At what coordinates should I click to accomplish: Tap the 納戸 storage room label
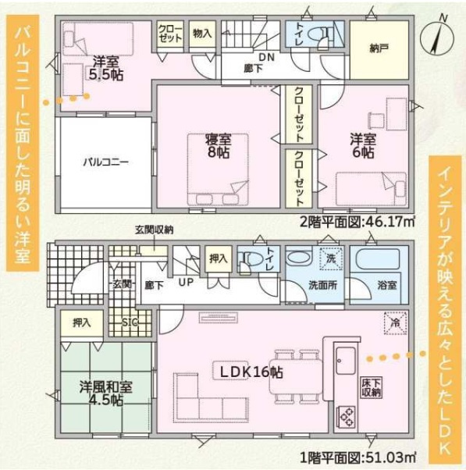379,48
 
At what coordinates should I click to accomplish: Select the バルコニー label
106,162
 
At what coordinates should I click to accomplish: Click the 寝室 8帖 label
218,146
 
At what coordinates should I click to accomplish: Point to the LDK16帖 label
251,372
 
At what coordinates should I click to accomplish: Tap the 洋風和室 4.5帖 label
105,393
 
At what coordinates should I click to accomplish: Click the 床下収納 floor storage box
372,387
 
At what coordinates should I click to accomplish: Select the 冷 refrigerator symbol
395,322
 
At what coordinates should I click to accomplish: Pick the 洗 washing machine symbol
330,258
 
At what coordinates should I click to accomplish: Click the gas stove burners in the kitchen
347,416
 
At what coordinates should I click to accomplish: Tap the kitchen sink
346,360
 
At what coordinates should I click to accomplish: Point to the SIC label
130,322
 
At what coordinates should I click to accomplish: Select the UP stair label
186,282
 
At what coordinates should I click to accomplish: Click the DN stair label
267,57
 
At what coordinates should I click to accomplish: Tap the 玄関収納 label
154,230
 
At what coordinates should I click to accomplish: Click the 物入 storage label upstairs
202,34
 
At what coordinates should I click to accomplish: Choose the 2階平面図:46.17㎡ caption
358,223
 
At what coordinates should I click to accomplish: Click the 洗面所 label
322,286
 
